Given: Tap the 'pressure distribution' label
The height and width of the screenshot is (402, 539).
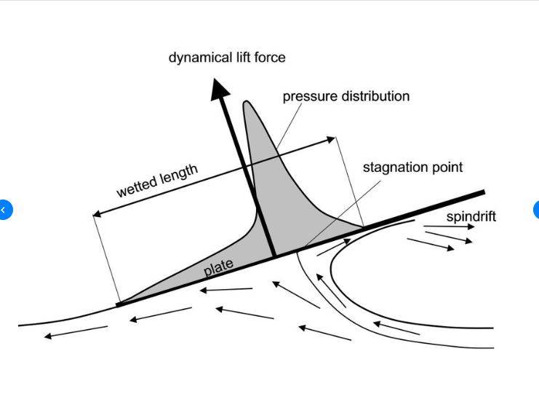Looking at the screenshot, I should [x=346, y=96].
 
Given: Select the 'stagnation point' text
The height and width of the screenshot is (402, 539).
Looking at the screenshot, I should [x=412, y=167].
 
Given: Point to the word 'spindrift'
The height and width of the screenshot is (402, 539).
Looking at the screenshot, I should [x=471, y=216].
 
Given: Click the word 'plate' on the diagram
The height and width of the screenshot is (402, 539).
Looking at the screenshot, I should [x=218, y=267].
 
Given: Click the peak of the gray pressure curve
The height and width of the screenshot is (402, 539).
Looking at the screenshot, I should [x=248, y=103].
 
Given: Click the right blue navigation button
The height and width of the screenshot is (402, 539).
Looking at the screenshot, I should [x=536, y=210].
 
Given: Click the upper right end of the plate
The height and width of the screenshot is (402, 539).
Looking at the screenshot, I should [x=483, y=192].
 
